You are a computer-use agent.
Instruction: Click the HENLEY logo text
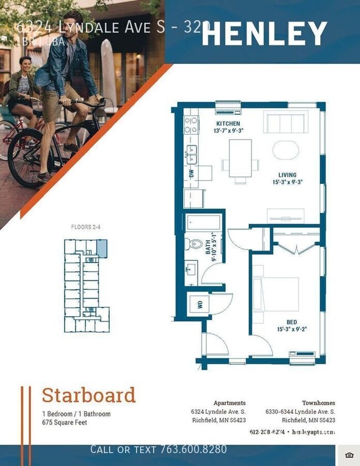point(264,34)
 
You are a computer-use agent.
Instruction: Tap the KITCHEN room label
point(228,123)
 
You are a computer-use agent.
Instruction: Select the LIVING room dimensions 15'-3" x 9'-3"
point(287,182)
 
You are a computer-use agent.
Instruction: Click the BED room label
point(291,322)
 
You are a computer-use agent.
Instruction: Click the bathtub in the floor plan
point(203,223)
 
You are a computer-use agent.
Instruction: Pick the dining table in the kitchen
point(240,158)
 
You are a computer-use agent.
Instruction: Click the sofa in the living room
point(285,121)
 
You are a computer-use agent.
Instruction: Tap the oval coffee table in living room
point(286,150)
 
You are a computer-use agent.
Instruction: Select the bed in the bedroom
point(276,294)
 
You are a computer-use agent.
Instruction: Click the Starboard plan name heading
point(89,396)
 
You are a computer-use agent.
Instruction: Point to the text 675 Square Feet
point(64,422)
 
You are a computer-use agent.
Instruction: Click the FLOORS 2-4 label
point(86,227)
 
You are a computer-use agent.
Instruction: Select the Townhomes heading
point(318,403)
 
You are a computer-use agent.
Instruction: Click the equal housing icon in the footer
point(348,455)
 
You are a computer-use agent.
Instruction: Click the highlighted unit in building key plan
point(102,248)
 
